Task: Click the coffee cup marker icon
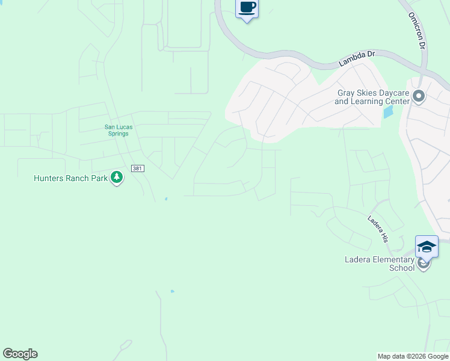(x=247, y=8)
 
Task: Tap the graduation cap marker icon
(x=427, y=247)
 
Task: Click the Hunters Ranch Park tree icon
(x=117, y=177)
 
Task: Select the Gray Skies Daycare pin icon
(x=419, y=96)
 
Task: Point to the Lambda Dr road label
(x=356, y=58)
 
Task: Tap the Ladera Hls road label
(x=378, y=229)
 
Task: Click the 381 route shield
(x=137, y=168)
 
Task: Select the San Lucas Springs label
(x=117, y=130)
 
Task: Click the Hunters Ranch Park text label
(x=70, y=178)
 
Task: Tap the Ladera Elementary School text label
(x=380, y=264)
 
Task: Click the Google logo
(x=20, y=354)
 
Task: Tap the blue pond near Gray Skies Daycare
(x=388, y=112)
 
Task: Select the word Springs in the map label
(x=119, y=134)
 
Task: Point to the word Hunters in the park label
(x=49, y=178)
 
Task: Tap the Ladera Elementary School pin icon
(x=424, y=264)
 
